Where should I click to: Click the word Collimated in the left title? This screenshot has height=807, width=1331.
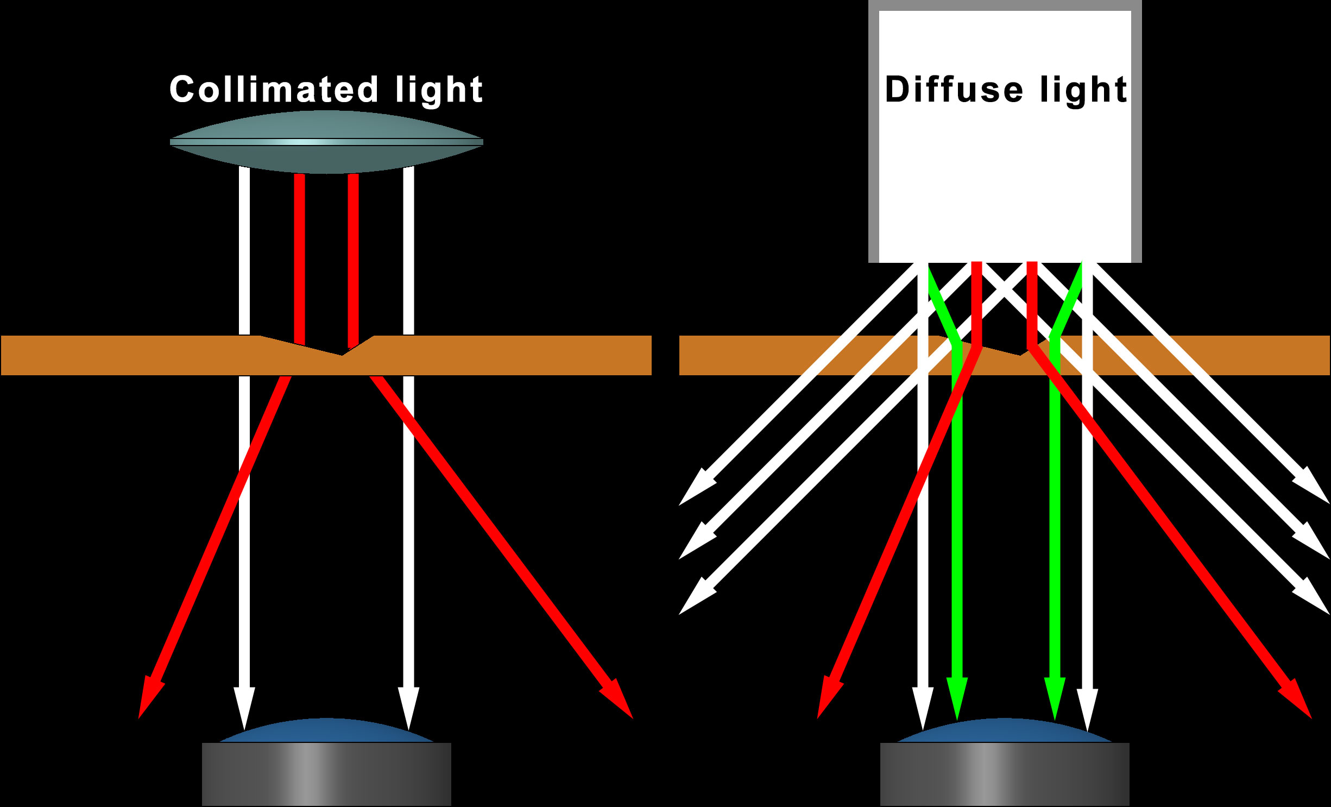pos(274,90)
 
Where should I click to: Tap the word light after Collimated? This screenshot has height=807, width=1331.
pos(439,91)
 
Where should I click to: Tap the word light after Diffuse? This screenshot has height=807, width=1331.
pos(1084,91)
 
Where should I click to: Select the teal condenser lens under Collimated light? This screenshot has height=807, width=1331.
pos(326,142)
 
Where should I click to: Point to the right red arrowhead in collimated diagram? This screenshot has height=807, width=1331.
pos(619,701)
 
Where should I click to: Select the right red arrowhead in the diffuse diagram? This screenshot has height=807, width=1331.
pos(1298,701)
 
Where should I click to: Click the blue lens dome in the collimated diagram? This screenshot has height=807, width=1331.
pos(326,731)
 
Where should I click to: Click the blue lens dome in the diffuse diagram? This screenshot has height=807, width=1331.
pos(1005,731)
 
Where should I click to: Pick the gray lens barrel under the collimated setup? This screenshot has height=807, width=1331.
pos(326,774)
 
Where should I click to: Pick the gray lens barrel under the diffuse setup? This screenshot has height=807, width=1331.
pos(1005,774)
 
